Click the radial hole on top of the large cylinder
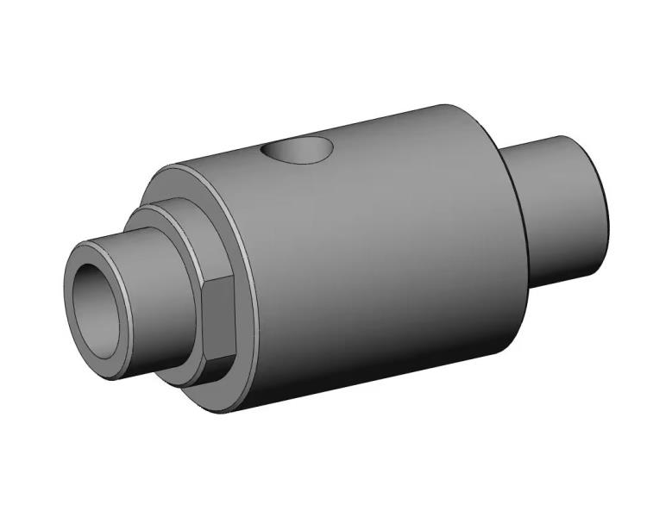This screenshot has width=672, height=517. pos(298,152)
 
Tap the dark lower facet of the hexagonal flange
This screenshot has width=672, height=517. pos(214,366)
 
